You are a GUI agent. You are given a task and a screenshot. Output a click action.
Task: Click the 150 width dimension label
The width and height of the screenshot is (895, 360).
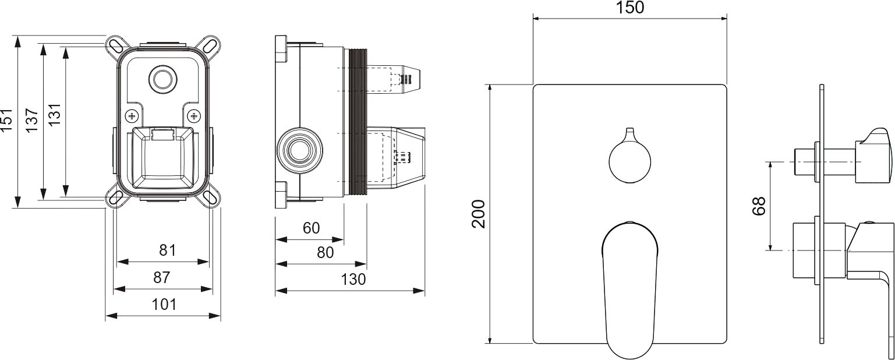(629, 8)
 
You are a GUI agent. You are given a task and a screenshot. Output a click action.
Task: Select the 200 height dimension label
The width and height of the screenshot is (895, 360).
(478, 214)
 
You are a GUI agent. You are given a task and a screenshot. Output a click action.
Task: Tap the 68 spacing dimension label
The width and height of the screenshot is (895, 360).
(759, 206)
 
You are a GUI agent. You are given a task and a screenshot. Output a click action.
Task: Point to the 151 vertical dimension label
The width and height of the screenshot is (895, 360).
(7, 120)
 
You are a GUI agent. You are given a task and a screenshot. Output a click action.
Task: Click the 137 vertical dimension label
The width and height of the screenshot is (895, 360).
(31, 120)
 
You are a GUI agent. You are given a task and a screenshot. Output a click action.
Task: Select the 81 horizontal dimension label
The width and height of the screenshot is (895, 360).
(168, 250)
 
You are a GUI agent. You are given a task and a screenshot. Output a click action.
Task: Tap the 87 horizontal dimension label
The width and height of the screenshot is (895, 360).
(162, 277)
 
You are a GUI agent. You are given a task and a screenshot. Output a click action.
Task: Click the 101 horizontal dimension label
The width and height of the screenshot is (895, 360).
(164, 305)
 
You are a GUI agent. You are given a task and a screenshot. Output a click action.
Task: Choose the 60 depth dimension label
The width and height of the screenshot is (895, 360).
(312, 228)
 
